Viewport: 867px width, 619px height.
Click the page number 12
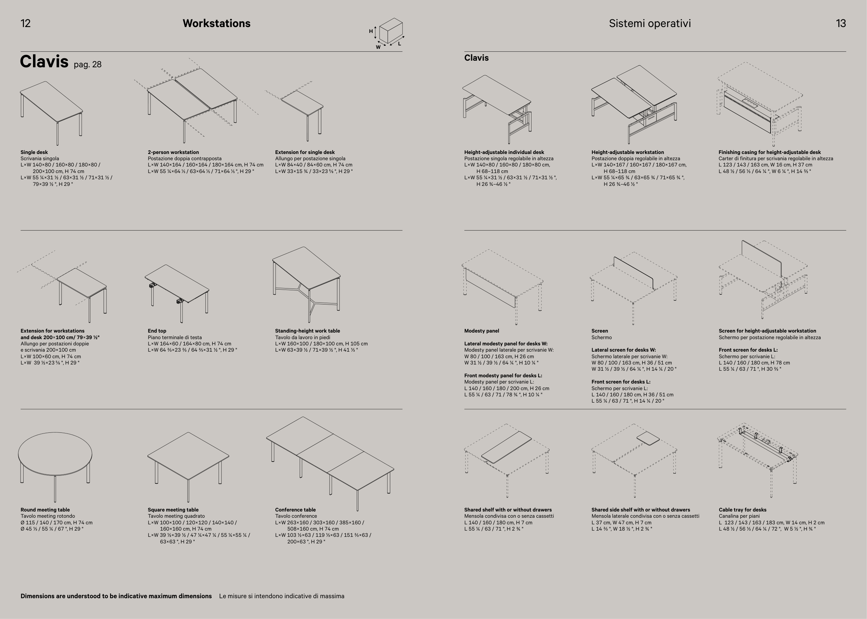point(26,23)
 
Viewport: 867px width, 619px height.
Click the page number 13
point(841,23)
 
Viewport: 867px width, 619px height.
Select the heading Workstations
point(216,23)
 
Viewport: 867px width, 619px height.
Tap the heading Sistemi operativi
point(650,24)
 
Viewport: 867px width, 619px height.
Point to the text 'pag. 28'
point(88,65)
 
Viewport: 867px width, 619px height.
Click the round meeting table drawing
point(55,467)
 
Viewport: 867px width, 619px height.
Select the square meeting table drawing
point(188,467)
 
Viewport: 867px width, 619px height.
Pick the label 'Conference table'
point(296,510)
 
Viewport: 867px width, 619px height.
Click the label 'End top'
point(157,331)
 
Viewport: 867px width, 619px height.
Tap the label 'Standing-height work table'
point(308,331)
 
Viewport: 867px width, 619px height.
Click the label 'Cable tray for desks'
point(742,510)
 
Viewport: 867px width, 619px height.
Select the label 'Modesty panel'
point(482,331)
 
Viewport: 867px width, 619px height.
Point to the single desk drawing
point(51,113)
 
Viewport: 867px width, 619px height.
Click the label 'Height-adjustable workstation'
point(628,152)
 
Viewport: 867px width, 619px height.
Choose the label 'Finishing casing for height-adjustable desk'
point(770,152)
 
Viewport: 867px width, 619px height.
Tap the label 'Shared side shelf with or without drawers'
point(640,510)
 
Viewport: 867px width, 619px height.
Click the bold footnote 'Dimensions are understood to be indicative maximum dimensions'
point(116,596)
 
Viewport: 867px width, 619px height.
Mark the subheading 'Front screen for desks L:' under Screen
point(621,381)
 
